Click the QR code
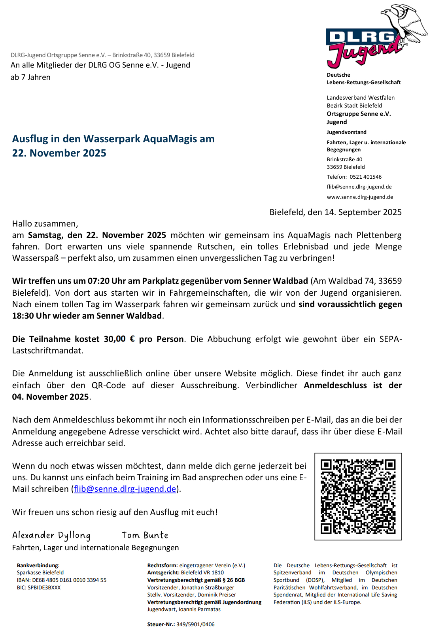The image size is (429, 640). click(358, 496)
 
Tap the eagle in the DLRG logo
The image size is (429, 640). click(405, 22)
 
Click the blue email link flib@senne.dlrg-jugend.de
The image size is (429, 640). click(125, 489)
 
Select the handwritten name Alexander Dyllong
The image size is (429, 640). click(51, 535)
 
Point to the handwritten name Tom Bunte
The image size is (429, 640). click(145, 535)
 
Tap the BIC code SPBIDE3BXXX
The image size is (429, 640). click(44, 587)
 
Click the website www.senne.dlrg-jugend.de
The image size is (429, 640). click(360, 197)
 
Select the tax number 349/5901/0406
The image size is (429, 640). click(195, 624)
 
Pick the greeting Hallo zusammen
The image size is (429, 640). click(45, 224)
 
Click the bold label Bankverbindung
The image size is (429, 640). click(38, 565)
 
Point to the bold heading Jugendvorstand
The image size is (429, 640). click(346, 132)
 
